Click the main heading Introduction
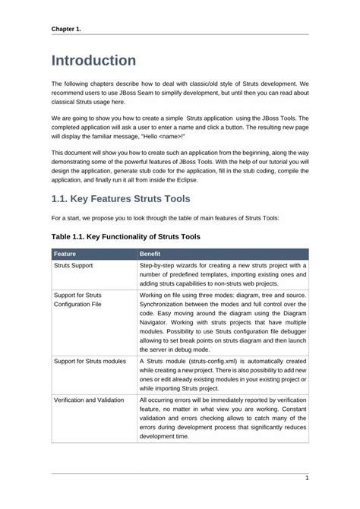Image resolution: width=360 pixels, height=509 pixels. [x=93, y=60]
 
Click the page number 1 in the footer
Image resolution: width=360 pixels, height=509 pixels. [x=306, y=478]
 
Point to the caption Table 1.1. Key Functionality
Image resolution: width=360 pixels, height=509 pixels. [x=125, y=237]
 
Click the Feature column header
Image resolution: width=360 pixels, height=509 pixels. [x=67, y=254]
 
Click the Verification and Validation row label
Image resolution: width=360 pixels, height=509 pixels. [x=89, y=399]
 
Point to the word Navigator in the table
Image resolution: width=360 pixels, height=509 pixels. [x=157, y=323]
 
